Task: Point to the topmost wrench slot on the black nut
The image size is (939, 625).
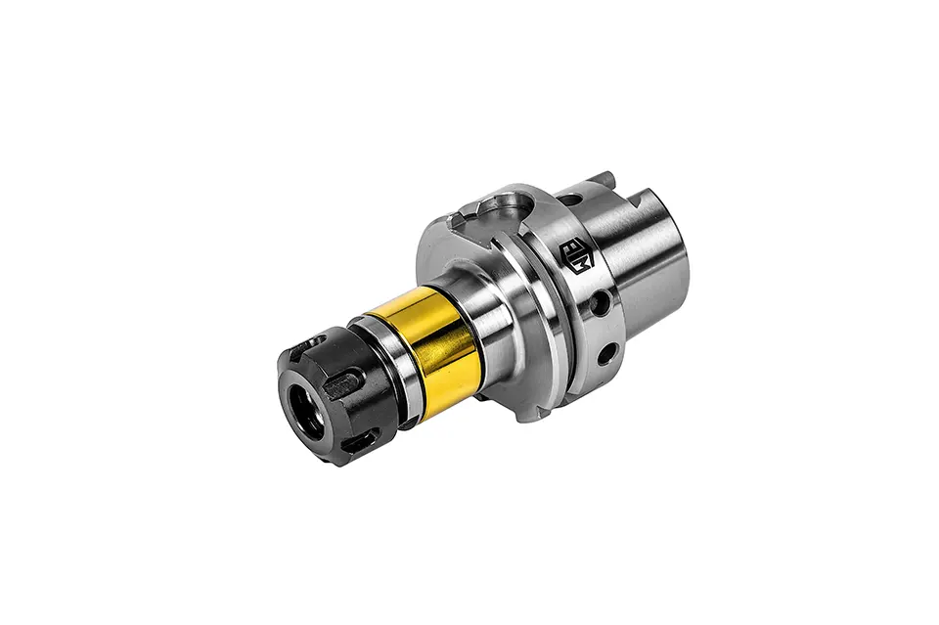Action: (315, 339)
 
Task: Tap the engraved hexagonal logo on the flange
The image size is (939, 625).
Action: (576, 255)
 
